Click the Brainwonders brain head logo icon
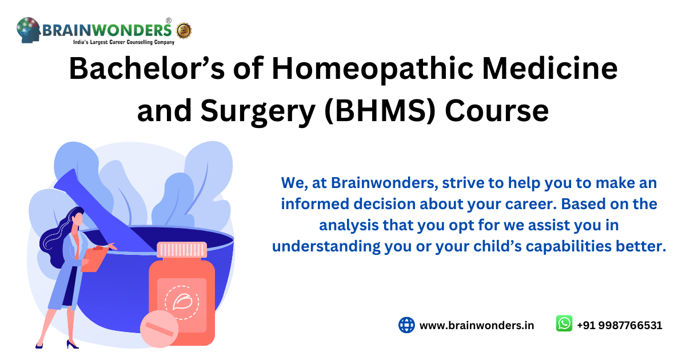tap(28, 30)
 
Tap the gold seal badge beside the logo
tap(184, 30)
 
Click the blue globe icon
tap(406, 325)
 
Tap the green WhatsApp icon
tap(564, 324)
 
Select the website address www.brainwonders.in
tap(477, 325)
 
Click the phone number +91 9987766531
tap(619, 325)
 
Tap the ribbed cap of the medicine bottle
tap(181, 250)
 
